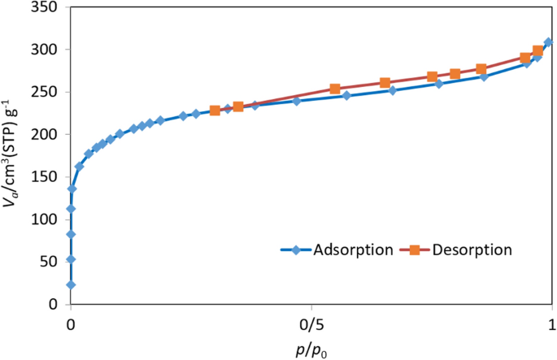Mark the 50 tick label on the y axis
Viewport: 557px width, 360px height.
click(x=51, y=262)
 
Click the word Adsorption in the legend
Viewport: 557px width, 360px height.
click(x=355, y=249)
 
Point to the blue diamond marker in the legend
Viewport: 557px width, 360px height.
click(x=298, y=249)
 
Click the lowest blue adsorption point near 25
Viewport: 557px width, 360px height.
click(x=71, y=284)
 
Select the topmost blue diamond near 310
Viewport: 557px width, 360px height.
click(x=548, y=42)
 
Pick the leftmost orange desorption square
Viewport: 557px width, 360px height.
click(x=215, y=111)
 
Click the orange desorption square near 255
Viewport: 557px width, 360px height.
click(x=335, y=89)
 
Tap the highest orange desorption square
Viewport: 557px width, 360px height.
click(x=537, y=51)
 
